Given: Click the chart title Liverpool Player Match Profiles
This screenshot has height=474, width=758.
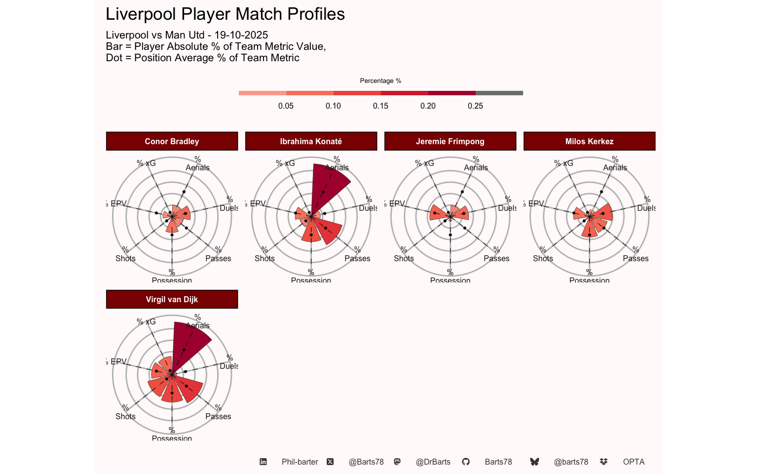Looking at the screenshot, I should pos(225,14).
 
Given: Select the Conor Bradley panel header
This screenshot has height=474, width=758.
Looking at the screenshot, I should pos(172,141).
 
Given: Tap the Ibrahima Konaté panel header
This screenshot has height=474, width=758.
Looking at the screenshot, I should pos(311,141).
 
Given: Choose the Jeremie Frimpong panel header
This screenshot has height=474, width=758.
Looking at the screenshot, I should pos(450,141).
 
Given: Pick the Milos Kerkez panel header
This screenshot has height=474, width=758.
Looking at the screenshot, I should pos(589,141).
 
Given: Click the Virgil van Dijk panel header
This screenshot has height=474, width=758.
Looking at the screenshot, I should pos(172,299).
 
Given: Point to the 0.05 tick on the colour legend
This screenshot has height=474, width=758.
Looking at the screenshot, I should pos(286,106).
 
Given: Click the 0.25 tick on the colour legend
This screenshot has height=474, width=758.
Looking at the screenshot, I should pos(475,106).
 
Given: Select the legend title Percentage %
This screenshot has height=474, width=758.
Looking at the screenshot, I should pos(380,80).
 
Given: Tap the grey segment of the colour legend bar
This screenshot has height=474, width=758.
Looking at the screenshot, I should pos(499,93).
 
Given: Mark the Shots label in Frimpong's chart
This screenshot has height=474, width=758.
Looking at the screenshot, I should pos(404,258).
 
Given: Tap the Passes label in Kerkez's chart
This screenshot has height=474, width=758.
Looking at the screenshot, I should pos(636,258).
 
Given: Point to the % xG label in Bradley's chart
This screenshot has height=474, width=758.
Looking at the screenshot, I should pos(146,163).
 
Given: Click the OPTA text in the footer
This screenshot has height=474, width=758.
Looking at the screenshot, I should pos(634,462).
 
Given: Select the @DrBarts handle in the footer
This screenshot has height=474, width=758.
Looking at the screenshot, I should pos(433,462).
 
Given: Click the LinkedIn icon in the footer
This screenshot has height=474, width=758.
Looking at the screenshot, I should pos(263,462).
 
